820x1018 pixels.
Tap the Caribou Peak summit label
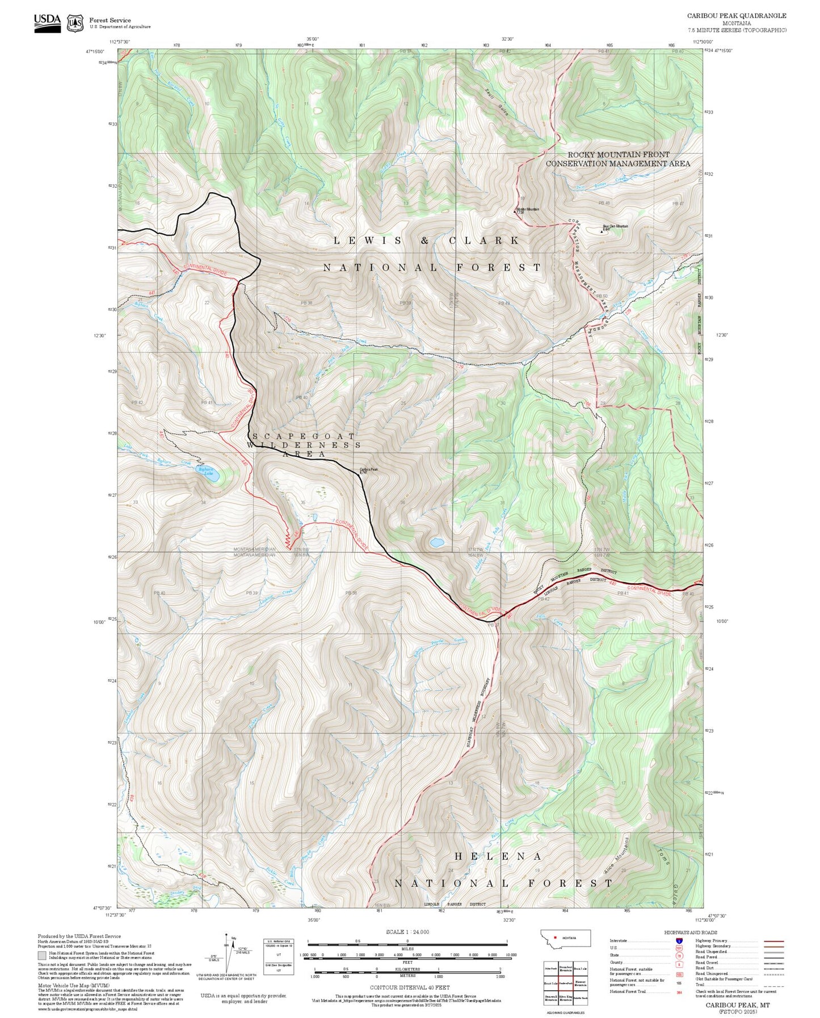coord(368,470)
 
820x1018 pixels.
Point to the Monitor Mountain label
coord(528,209)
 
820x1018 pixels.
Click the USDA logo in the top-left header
coord(47,23)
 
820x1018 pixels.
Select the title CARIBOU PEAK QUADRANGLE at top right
coord(737,15)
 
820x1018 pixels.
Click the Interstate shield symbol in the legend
coord(679,941)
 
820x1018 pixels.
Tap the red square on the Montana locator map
coord(555,937)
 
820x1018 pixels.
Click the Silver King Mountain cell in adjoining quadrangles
coord(565,997)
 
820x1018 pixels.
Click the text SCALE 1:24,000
coord(407,932)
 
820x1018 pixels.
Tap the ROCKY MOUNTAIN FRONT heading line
coord(618,154)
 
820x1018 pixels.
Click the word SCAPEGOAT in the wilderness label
coord(303,436)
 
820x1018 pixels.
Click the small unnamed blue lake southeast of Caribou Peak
coord(436,542)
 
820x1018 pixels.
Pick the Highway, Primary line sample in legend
coord(774,941)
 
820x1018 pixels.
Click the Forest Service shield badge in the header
coord(75,23)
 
